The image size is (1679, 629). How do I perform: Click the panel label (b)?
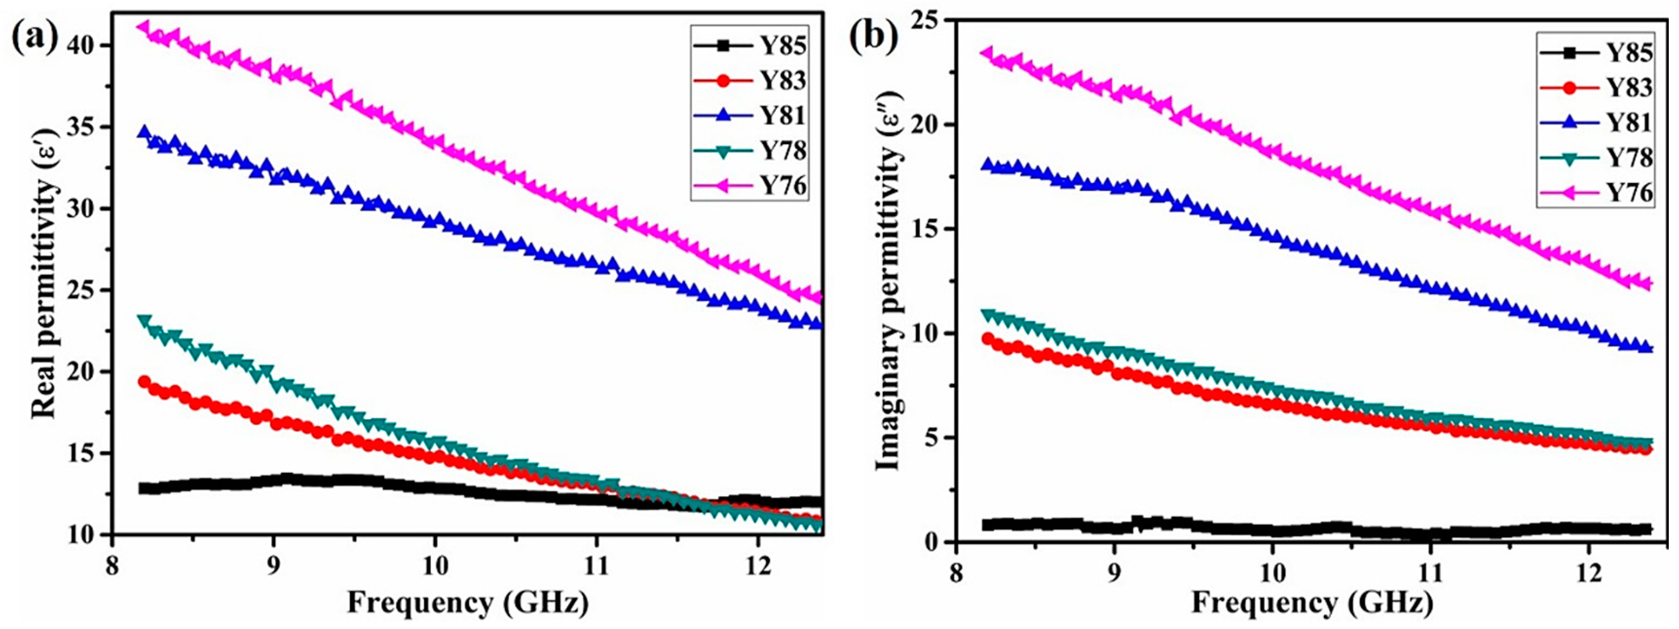(x=874, y=38)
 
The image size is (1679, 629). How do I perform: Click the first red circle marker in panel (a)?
(x=144, y=382)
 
